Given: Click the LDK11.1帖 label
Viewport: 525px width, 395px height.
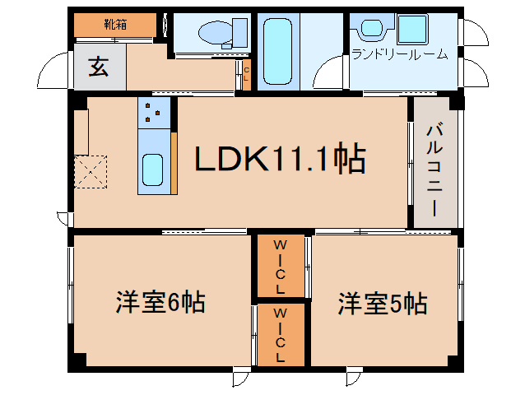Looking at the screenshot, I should (280, 159).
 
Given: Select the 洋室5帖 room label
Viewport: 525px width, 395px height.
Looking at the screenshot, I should (382, 304).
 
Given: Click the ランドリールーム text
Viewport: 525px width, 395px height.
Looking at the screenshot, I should (399, 55).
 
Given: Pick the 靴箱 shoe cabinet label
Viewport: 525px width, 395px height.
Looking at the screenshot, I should (115, 25).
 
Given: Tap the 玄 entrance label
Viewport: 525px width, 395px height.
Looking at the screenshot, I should (99, 69).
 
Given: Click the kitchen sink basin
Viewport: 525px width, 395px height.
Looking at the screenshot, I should (154, 170).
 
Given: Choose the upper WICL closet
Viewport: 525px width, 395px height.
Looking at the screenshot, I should (280, 266).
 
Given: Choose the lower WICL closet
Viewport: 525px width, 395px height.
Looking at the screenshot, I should (280, 335).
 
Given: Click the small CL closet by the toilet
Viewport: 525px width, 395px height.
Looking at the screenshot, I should (245, 74).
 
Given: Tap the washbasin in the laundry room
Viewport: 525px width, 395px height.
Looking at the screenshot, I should (368, 28).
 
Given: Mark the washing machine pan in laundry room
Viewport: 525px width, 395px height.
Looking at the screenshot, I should (411, 30).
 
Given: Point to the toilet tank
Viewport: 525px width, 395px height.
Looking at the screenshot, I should (240, 34).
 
